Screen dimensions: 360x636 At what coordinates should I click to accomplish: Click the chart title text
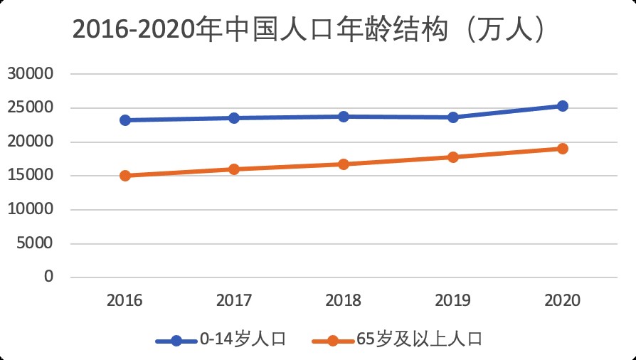click(x=310, y=31)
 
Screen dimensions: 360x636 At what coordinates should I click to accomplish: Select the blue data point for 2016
click(x=125, y=120)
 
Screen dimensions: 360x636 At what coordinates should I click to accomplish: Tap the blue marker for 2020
click(x=562, y=106)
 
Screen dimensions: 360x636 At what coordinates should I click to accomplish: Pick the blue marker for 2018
click(x=344, y=116)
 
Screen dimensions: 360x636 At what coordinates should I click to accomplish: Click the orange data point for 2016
click(x=125, y=176)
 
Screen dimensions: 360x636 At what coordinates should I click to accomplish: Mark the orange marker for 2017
click(x=234, y=169)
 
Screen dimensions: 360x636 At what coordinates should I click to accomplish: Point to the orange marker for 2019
click(x=452, y=157)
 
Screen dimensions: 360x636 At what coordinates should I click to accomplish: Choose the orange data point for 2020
click(x=562, y=149)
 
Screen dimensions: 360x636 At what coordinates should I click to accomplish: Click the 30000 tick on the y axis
click(x=31, y=74)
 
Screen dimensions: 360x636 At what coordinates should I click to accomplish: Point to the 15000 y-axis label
click(x=31, y=176)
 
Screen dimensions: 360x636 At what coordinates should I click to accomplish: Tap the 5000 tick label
click(x=34, y=243)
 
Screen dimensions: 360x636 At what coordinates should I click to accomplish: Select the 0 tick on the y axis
click(x=49, y=277)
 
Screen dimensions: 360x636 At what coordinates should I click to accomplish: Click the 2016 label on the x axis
click(x=125, y=300)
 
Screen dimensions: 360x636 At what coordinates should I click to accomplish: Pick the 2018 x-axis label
click(x=344, y=300)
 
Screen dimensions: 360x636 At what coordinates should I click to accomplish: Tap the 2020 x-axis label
click(x=562, y=300)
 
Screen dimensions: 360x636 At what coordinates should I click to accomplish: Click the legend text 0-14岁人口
click(x=243, y=339)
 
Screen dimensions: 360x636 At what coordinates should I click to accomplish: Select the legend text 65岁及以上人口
click(x=420, y=339)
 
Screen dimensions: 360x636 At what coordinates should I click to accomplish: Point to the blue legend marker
click(x=176, y=340)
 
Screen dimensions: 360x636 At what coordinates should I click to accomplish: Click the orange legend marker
click(x=333, y=340)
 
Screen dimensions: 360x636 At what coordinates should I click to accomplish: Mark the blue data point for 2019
click(x=452, y=117)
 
